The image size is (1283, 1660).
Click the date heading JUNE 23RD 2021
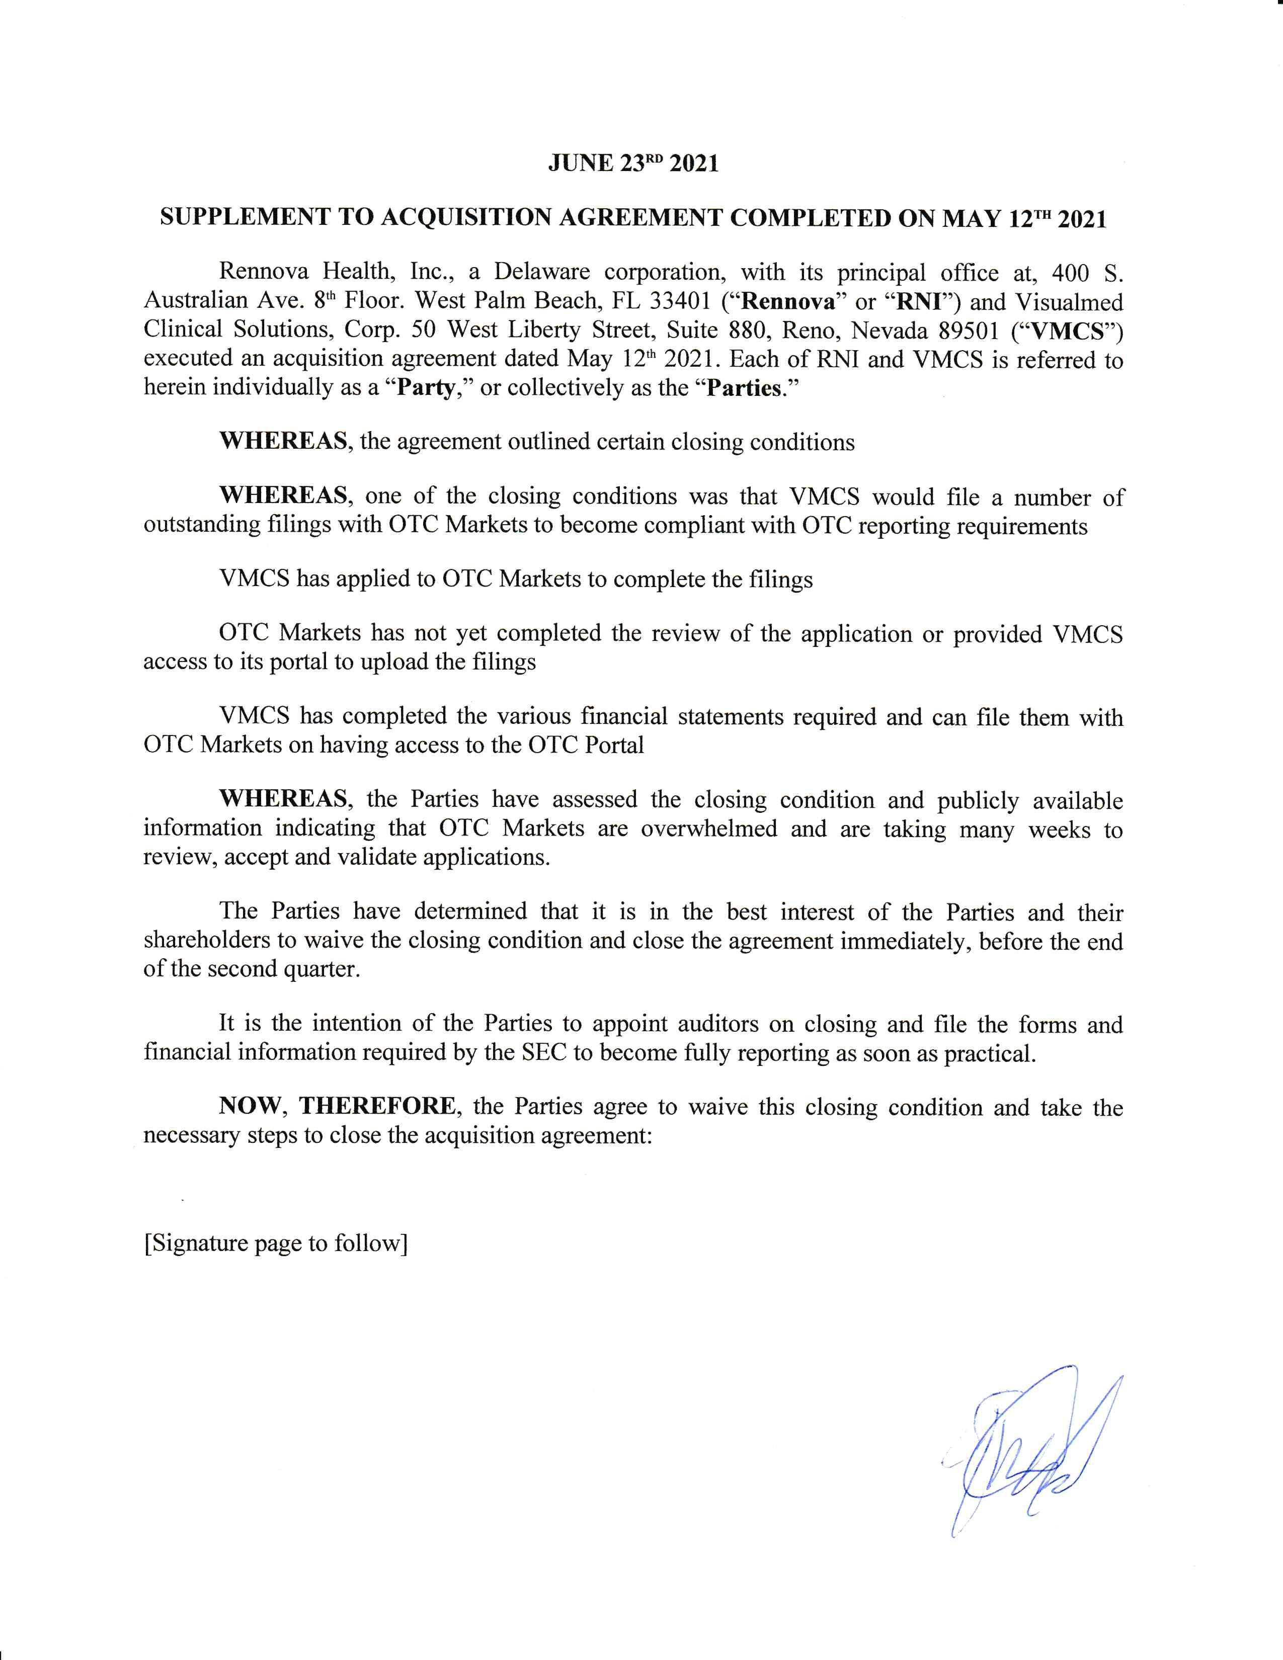coord(633,164)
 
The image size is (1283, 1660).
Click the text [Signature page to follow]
coord(276,1243)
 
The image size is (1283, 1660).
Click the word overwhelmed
coord(709,828)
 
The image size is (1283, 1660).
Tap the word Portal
coord(614,745)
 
